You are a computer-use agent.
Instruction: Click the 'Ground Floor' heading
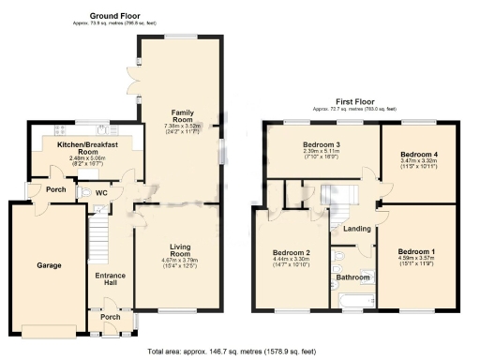pos(114,16)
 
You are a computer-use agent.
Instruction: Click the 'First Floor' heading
pos(357,102)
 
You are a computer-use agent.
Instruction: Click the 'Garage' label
pos(49,266)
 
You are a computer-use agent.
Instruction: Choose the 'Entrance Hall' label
pos(112,278)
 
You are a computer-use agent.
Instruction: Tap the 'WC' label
pos(102,192)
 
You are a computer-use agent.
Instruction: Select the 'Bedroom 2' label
pos(291,253)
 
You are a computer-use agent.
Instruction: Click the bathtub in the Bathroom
pos(353,300)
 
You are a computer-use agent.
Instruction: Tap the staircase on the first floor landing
pos(335,196)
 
